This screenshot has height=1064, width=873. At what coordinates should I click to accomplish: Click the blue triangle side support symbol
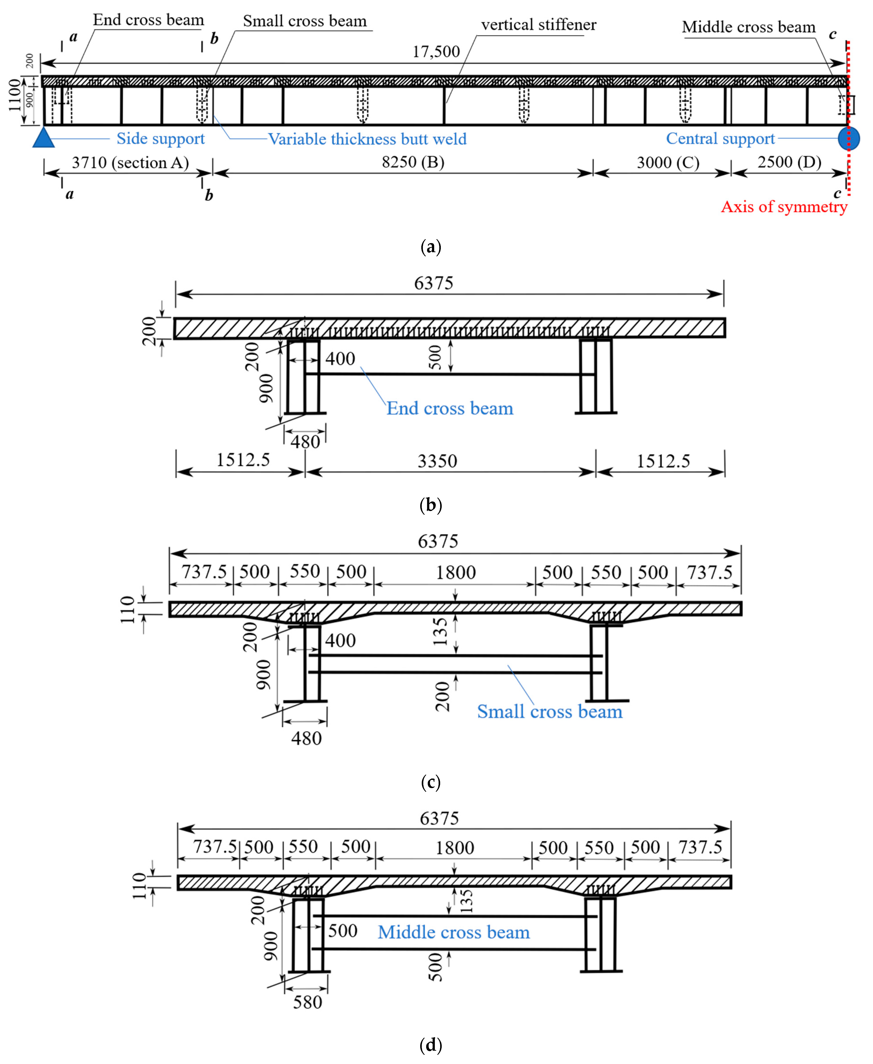(x=44, y=138)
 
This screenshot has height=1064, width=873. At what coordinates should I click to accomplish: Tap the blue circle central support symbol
(x=848, y=138)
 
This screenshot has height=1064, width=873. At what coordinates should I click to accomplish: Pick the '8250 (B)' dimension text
(x=413, y=162)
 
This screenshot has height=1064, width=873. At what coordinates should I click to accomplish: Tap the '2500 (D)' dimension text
(x=789, y=162)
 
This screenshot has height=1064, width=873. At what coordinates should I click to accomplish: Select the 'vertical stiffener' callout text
(x=539, y=25)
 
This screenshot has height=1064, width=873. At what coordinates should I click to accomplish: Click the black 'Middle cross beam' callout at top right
(x=748, y=27)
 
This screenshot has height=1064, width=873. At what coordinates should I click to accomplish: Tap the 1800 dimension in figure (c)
(x=456, y=573)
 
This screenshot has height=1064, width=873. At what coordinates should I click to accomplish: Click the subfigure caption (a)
(x=430, y=247)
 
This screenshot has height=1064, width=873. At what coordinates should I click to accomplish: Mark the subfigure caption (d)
(x=430, y=1045)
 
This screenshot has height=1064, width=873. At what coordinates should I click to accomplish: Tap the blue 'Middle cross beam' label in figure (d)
(x=454, y=932)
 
